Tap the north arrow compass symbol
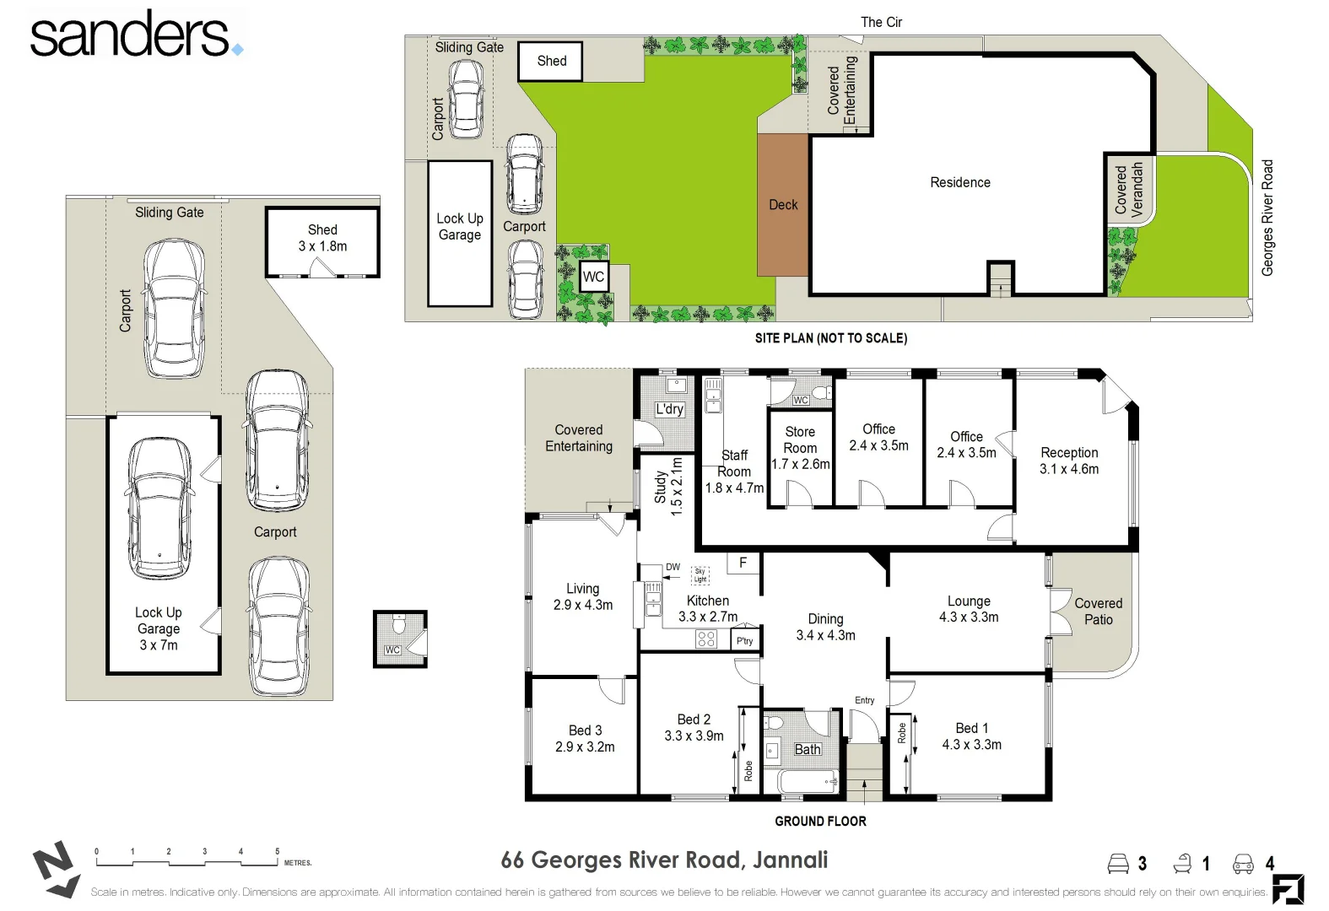(56, 869)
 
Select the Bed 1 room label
(971, 736)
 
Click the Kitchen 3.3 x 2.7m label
(707, 608)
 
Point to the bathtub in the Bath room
(806, 782)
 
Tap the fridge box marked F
(743, 563)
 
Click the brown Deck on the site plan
(783, 205)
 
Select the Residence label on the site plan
(959, 182)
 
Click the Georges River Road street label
(1267, 218)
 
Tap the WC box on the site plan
(593, 277)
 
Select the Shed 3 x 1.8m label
(322, 238)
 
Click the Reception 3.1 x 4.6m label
(1068, 461)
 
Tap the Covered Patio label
(1098, 612)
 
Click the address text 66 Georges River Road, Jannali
(664, 860)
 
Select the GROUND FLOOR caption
(820, 821)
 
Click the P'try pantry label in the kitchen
(744, 641)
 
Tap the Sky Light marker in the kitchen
(700, 575)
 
